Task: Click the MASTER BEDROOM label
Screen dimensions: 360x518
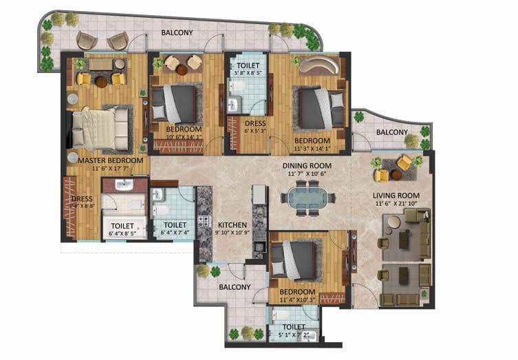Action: point(110,160)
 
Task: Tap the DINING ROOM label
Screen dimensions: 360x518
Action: point(307,166)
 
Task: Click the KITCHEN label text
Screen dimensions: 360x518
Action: point(232,224)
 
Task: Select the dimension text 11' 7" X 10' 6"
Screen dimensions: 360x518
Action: point(307,175)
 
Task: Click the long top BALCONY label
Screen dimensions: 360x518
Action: point(177,32)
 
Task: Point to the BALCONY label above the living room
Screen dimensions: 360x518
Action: point(391,132)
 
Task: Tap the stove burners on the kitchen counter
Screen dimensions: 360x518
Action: point(204,222)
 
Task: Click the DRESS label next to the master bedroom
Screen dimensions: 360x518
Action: point(82,200)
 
